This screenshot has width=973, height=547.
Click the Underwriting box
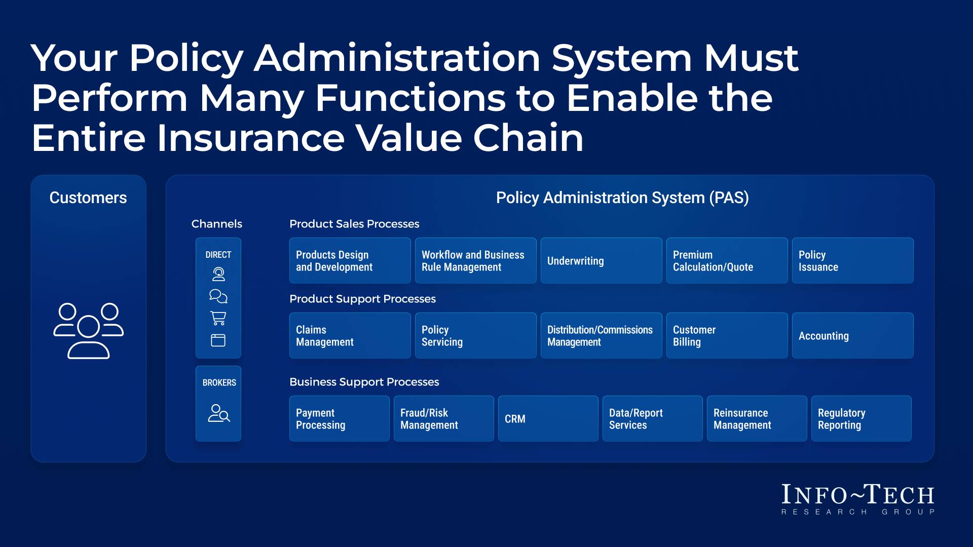(601, 261)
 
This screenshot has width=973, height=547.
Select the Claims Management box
(350, 336)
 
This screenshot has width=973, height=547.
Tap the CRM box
(548, 419)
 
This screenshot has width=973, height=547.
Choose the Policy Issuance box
(852, 261)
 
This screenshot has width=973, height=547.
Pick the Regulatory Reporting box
(861, 419)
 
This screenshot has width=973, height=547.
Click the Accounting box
(852, 336)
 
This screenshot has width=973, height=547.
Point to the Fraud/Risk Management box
(443, 419)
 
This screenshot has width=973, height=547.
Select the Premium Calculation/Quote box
(727, 261)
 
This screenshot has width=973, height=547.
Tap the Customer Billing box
(727, 336)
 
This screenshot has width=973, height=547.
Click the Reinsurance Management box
(757, 419)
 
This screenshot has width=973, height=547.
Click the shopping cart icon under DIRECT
(218, 318)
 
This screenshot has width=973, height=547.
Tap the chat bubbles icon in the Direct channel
(218, 296)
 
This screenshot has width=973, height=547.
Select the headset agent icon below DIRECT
(218, 274)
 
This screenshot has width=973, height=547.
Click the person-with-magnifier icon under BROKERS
(219, 413)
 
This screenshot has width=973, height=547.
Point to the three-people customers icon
(89, 331)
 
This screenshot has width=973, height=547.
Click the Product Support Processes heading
(362, 299)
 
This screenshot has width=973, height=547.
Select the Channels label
(216, 224)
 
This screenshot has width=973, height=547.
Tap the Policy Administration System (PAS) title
(622, 198)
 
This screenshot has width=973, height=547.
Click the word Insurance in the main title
(251, 138)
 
